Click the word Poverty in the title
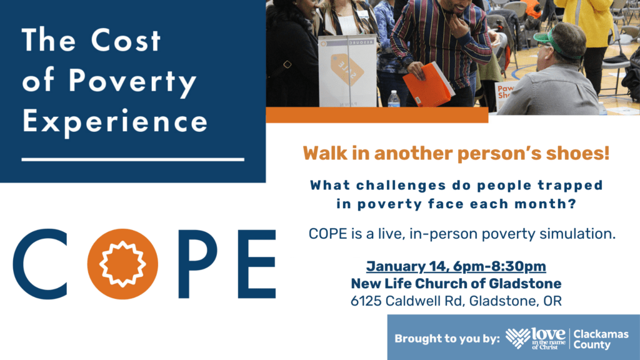pos(132,81)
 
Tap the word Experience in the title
pos(115,122)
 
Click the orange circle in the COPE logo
pos(122,264)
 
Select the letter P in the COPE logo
pos(198,264)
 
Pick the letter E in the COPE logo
pos(257,264)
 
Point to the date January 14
pos(408,266)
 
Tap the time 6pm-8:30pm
pos(499,266)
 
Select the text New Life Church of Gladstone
pos(456,283)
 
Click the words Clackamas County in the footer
pos(601,339)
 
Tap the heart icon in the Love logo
pos(518,338)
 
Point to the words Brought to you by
pos(447,339)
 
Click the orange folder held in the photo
pos(429,85)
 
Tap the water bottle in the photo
pos(394,99)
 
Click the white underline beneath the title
pos(133,159)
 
